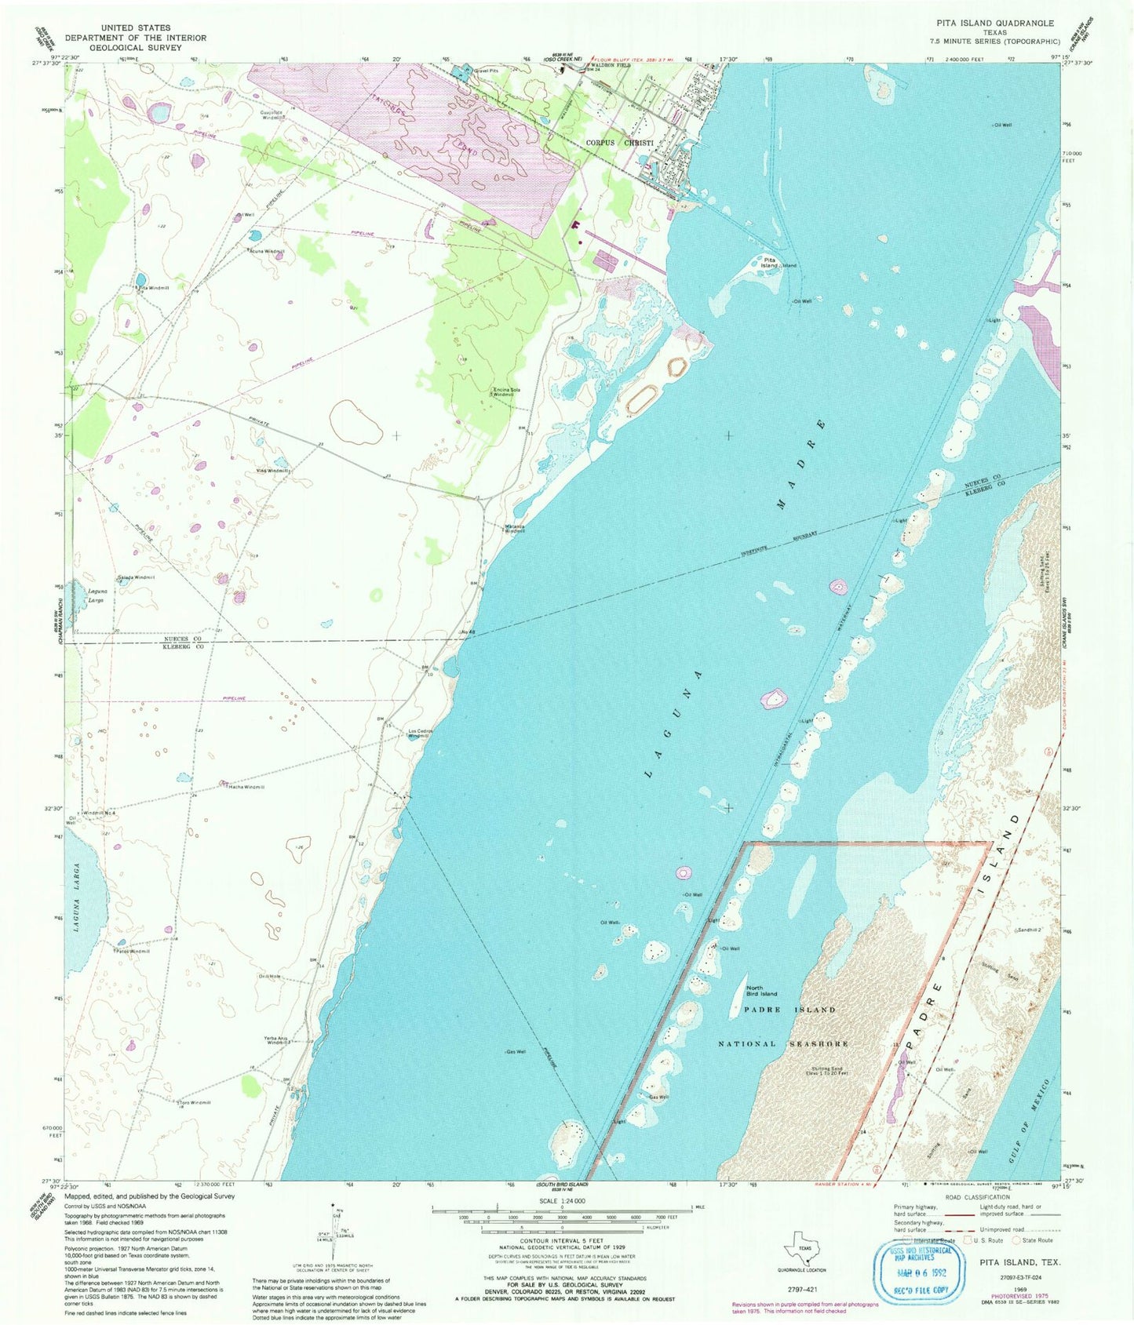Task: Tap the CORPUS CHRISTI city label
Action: point(620,143)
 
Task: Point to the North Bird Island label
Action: point(762,991)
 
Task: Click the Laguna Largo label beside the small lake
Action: point(91,595)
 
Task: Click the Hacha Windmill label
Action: point(246,786)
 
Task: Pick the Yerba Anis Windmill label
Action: point(279,1040)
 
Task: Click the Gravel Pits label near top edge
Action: point(485,70)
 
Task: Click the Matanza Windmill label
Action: point(514,528)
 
